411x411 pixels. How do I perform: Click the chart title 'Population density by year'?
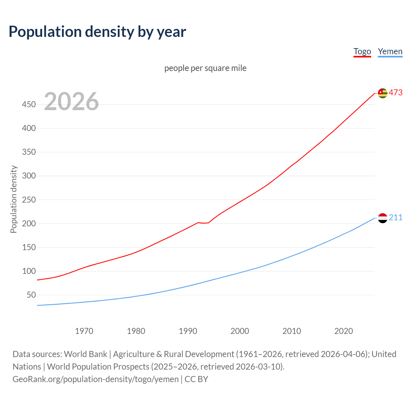(x=97, y=31)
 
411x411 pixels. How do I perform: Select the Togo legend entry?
(x=362, y=51)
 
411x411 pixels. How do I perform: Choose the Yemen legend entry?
(x=390, y=51)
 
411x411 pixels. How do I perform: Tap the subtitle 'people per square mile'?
(x=205, y=68)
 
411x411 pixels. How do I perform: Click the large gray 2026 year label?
(x=71, y=101)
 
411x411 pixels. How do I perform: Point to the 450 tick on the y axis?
(x=29, y=104)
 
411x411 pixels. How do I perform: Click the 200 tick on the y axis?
(x=29, y=223)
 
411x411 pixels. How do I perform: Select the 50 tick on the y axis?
(x=31, y=295)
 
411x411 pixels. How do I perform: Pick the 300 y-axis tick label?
(x=29, y=176)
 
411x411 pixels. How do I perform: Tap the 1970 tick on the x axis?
(x=84, y=331)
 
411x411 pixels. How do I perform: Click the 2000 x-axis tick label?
(x=240, y=331)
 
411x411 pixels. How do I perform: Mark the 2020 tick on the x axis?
(x=344, y=331)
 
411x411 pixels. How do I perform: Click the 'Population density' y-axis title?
(x=13, y=199)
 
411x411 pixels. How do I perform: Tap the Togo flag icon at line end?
(x=382, y=93)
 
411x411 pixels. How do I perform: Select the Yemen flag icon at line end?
(x=382, y=218)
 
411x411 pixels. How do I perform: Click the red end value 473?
(x=396, y=92)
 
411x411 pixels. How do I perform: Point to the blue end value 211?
(x=396, y=217)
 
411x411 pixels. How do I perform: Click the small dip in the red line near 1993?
(x=203, y=223)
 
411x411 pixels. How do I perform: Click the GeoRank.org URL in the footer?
(x=95, y=379)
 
